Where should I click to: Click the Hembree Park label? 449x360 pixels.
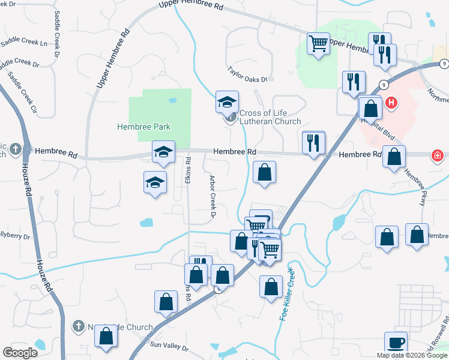click(144, 127)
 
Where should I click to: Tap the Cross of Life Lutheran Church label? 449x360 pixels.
click(270, 117)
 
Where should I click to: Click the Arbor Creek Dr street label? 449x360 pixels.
click(212, 196)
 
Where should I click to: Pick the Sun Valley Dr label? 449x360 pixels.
click(165, 344)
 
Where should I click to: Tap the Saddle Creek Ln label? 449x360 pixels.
click(23, 43)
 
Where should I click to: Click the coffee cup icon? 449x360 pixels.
click(396, 343)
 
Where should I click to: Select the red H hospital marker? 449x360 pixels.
click(391, 103)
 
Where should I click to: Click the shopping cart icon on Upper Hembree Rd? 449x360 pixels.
click(318, 43)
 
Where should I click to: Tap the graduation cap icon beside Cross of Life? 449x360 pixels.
click(228, 102)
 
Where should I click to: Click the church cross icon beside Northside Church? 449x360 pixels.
click(77, 326)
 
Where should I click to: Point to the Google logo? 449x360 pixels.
click(20, 352)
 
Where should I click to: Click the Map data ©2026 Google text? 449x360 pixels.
click(411, 355)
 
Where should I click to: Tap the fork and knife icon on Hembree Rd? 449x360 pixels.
click(313, 142)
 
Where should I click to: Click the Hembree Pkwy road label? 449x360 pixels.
click(414, 187)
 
